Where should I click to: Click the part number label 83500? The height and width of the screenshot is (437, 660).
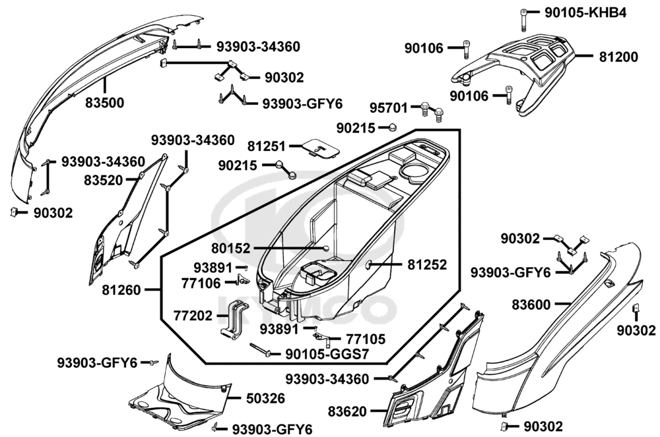[x=104, y=103]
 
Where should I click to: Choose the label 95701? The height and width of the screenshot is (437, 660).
[x=387, y=106]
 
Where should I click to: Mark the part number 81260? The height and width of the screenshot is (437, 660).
[x=122, y=289]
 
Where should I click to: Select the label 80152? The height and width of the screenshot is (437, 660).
[x=231, y=248]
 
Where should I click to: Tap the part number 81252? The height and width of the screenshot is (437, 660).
[x=427, y=264]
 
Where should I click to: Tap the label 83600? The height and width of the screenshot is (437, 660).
[x=532, y=304]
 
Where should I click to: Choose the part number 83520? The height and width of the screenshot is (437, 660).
[x=103, y=179]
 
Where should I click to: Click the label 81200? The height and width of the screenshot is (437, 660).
[x=618, y=57]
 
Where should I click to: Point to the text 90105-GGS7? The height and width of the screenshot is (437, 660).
[x=327, y=354]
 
